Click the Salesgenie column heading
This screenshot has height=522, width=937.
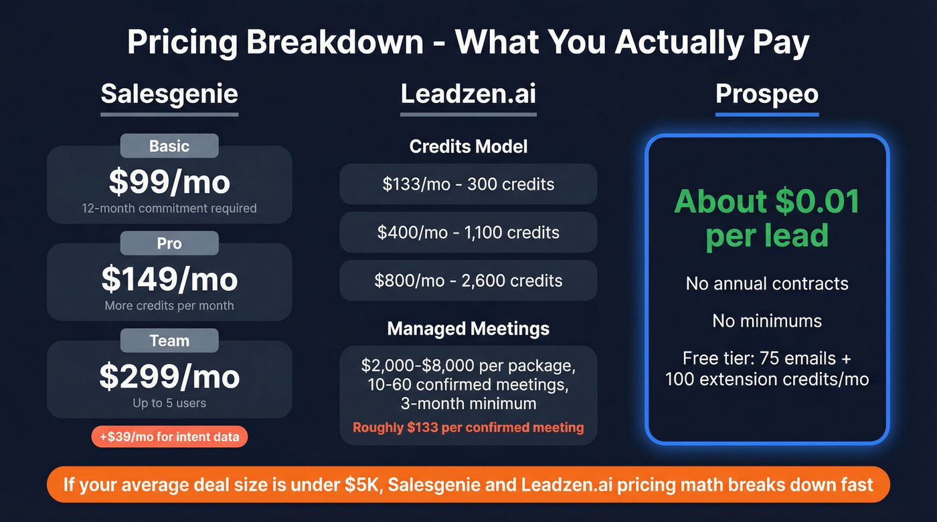(169, 94)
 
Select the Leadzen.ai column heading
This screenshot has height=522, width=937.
(468, 94)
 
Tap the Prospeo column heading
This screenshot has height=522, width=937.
(767, 94)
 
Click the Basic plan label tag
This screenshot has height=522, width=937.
(169, 146)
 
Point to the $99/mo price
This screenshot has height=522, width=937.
(169, 181)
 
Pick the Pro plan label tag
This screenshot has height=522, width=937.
(169, 243)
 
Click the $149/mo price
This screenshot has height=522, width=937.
(169, 279)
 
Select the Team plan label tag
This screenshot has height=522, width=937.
(169, 341)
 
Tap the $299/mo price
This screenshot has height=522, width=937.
(169, 376)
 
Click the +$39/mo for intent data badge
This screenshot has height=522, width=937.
(169, 437)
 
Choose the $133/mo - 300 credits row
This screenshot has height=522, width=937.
(468, 184)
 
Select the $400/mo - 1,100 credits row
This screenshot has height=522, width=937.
(468, 232)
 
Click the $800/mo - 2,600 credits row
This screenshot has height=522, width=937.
(468, 280)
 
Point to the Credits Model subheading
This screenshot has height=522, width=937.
(468, 146)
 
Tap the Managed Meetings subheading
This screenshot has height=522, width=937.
(468, 328)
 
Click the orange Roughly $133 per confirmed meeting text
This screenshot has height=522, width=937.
(468, 427)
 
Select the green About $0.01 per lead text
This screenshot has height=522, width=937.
(767, 218)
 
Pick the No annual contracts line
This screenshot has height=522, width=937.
(767, 283)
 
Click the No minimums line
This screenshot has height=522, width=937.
(767, 321)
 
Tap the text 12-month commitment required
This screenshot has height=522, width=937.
(169, 208)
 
